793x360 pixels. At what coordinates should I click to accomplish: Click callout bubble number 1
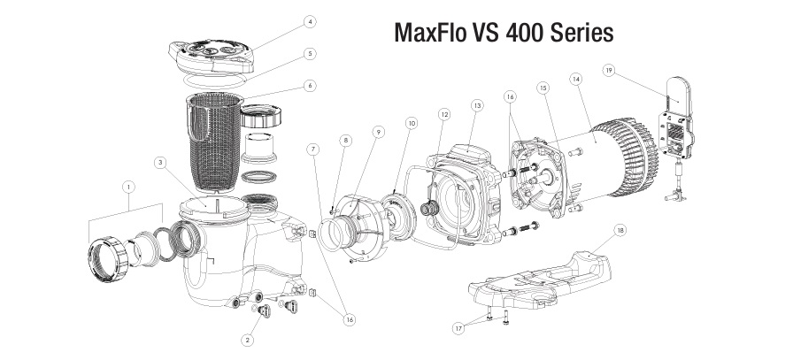(x=129, y=188)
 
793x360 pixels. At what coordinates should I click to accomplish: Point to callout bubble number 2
(x=250, y=339)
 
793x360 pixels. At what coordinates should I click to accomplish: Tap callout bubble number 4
(x=284, y=20)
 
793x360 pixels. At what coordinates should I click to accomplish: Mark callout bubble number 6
(x=284, y=86)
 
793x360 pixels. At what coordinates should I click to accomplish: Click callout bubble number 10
(x=411, y=124)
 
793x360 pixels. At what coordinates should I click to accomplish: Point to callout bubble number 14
(x=576, y=79)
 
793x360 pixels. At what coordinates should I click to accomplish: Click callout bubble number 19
(x=608, y=69)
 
